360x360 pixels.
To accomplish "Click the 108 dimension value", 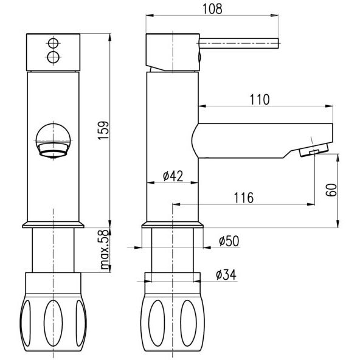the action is [x=212, y=9].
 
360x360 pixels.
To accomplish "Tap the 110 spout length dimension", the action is [x=260, y=100].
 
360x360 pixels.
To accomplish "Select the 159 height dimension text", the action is [x=103, y=130].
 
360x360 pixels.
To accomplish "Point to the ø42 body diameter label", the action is [x=173, y=176].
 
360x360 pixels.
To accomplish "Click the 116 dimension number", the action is [x=244, y=198].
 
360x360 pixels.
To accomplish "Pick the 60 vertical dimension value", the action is [x=331, y=190].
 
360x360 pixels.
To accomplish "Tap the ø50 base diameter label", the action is [x=229, y=241].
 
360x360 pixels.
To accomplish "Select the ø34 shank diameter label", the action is [x=226, y=275].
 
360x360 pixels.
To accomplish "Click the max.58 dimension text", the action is [x=105, y=249].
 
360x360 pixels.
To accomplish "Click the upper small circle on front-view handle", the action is [x=54, y=43].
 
